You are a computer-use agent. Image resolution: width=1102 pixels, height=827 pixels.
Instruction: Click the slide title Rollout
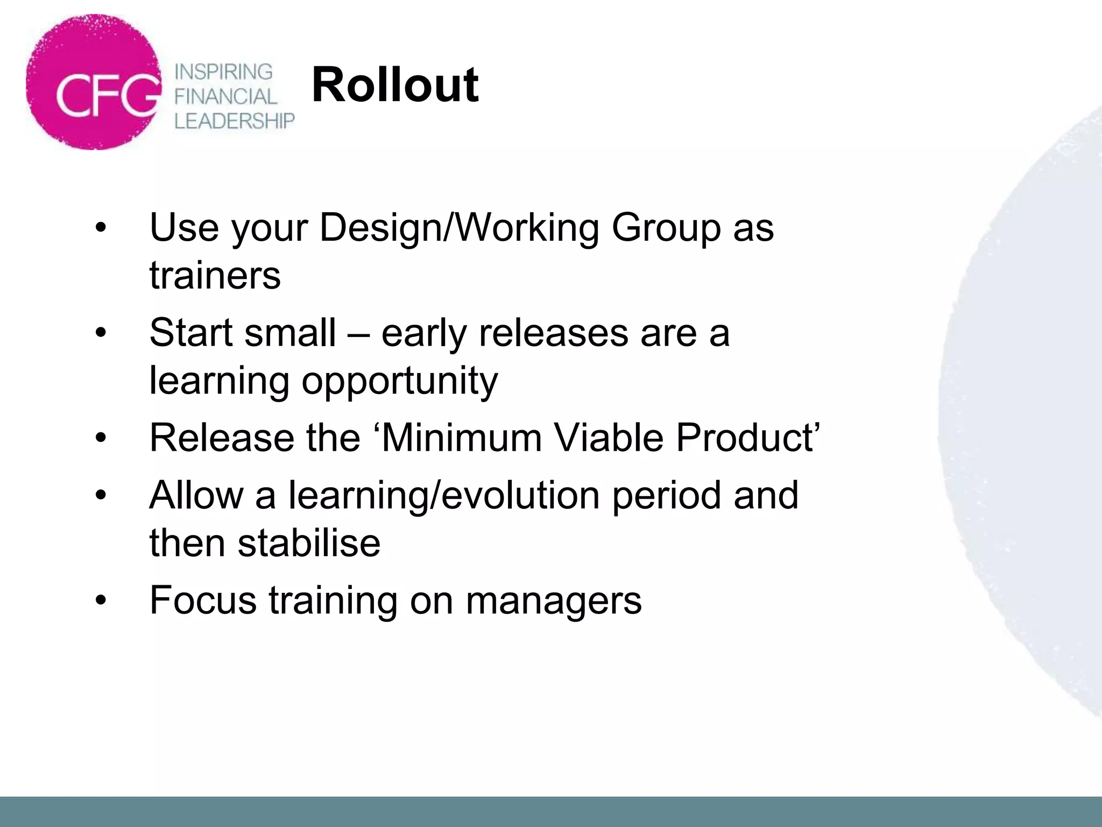point(394,85)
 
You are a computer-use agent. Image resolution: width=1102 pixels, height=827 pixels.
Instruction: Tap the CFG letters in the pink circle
point(108,95)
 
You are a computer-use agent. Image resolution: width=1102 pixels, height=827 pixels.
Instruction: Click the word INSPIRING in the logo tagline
point(224,72)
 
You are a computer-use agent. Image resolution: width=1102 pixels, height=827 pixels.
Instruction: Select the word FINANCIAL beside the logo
point(225,96)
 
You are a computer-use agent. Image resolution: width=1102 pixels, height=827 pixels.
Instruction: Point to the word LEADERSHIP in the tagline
point(235,121)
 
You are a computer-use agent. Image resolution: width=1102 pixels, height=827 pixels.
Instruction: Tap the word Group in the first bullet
point(666,228)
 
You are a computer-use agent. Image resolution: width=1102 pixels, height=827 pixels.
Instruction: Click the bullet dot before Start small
point(101,333)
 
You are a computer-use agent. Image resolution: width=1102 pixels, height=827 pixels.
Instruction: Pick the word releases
point(553,333)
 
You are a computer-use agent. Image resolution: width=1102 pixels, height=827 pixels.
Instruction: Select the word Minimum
point(462,437)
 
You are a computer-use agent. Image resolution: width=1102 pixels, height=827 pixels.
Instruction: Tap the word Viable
point(609,437)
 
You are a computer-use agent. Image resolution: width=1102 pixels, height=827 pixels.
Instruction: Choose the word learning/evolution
point(444,495)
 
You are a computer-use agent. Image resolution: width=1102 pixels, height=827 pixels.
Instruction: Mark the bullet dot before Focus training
point(101,600)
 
